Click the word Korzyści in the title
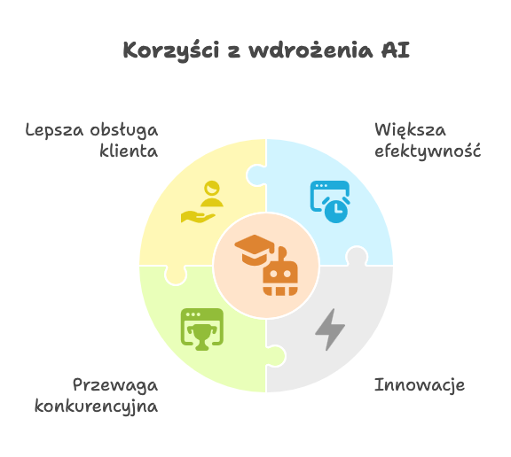click(171, 51)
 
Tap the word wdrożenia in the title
click(311, 50)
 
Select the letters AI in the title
click(396, 50)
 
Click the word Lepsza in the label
click(54, 130)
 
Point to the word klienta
click(129, 151)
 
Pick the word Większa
click(410, 130)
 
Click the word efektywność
click(428, 151)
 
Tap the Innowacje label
click(420, 384)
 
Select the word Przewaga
click(115, 385)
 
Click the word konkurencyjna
click(96, 407)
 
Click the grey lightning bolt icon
click(330, 329)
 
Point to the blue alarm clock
click(336, 210)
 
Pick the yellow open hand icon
click(198, 217)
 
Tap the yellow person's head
click(212, 188)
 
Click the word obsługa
click(124, 131)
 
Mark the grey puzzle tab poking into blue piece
click(357, 256)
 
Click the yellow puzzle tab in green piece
click(176, 275)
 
